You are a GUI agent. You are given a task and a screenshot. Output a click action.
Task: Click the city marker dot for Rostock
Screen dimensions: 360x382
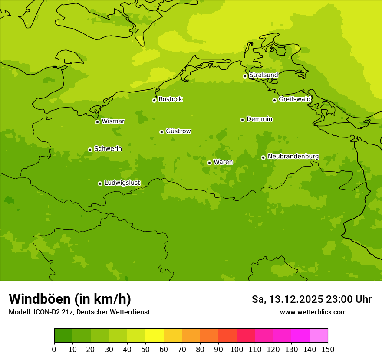(x=154, y=100)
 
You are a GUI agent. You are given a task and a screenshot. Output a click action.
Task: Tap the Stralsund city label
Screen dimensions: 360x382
(x=263, y=75)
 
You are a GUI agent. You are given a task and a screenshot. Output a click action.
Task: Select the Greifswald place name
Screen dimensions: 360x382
(x=295, y=99)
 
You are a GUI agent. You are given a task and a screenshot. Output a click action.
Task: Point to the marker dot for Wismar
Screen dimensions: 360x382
(x=97, y=122)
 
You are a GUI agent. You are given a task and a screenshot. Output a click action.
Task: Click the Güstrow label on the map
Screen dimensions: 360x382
(x=178, y=131)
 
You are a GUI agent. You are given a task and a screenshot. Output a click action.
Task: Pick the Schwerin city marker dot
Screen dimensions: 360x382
(x=90, y=150)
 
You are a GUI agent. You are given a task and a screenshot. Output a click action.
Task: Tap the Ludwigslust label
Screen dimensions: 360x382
(x=122, y=183)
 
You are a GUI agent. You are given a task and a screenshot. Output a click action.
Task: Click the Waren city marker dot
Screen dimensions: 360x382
(x=209, y=163)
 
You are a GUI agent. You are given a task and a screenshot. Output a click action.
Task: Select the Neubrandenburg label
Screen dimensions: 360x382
(x=293, y=156)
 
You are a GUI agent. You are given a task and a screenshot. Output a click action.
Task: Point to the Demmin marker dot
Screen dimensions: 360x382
(x=242, y=120)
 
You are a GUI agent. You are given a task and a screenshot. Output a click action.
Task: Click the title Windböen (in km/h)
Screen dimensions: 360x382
(x=70, y=299)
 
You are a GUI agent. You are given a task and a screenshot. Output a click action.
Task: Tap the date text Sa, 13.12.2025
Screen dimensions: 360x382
(x=287, y=299)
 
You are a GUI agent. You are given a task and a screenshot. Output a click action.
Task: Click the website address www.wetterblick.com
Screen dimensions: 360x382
(x=313, y=312)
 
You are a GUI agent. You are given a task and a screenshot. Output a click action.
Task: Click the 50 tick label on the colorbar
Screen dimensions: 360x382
(x=145, y=349)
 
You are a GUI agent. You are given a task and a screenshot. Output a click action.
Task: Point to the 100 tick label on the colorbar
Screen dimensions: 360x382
(x=237, y=349)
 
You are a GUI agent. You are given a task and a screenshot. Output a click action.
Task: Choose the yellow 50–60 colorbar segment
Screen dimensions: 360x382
(x=155, y=336)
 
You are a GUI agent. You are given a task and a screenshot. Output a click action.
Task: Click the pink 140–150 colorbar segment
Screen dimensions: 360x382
(x=319, y=336)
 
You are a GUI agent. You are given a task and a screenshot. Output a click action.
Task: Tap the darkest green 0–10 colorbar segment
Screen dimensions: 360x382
(x=63, y=336)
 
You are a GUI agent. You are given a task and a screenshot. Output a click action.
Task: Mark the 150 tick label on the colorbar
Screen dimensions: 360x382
(x=327, y=349)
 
